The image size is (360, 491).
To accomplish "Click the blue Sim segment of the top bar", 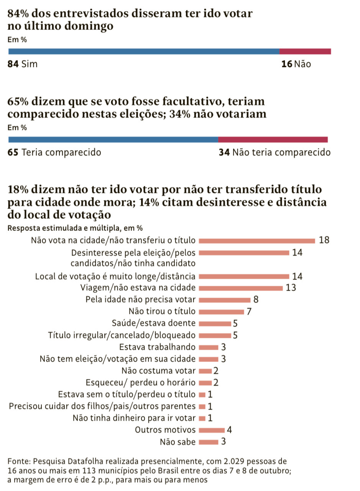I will pyautogui.click(x=144, y=51).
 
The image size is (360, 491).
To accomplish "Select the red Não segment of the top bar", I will pyautogui.click(x=305, y=51).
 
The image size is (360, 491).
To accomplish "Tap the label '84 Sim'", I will pyautogui.click(x=23, y=64).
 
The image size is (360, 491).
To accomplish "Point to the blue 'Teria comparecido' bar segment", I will pyautogui.click(x=113, y=140).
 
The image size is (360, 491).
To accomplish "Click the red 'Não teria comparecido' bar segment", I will pyautogui.click(x=273, y=140).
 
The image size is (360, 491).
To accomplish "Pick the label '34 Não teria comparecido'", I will pyautogui.click(x=275, y=152).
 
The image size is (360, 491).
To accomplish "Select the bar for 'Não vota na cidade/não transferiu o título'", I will pyautogui.click(x=257, y=241).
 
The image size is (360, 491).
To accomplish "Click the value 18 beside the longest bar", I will pyautogui.click(x=324, y=241).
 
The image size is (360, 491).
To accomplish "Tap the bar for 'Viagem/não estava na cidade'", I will pyautogui.click(x=241, y=288).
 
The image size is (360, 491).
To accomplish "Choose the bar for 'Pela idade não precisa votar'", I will pyautogui.click(x=225, y=300).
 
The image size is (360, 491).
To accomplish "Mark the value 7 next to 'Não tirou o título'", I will pyautogui.click(x=249, y=311).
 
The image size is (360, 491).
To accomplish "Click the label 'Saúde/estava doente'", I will pyautogui.click(x=154, y=323).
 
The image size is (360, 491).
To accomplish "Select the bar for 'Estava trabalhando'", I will pyautogui.click(x=209, y=348).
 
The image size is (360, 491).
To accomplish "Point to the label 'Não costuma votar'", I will pyautogui.click(x=158, y=371).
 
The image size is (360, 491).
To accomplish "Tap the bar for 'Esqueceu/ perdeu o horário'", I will pyautogui.click(x=205, y=383).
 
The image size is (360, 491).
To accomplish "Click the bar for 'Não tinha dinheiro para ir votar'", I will pyautogui.click(x=202, y=418).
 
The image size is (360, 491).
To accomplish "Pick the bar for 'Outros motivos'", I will pyautogui.click(x=212, y=430).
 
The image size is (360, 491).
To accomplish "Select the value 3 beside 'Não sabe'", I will pyautogui.click(x=224, y=442).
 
